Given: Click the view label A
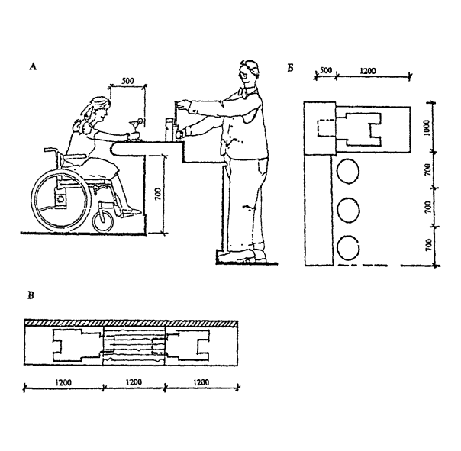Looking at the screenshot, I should tap(32, 67).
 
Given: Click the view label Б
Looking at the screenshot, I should tap(290, 67).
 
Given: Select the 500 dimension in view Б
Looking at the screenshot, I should tap(325, 71).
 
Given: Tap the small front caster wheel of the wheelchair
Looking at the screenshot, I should tap(103, 222).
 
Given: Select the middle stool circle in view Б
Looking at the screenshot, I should tap(349, 208).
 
